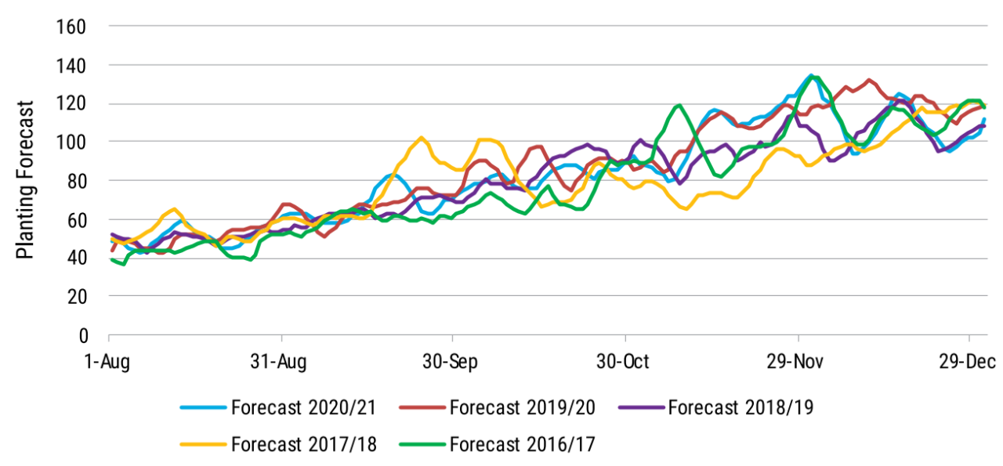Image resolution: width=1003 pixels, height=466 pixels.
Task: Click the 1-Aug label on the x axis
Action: coord(108,361)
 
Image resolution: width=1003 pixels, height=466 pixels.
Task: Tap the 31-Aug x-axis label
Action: coord(281,361)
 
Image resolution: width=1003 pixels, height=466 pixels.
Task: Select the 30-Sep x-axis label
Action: coord(453,361)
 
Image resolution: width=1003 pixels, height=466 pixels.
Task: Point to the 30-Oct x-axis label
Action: coord(625,361)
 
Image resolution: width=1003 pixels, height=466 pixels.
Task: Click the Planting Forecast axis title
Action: coord(25,179)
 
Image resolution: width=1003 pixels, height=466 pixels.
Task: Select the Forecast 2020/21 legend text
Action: coord(304,408)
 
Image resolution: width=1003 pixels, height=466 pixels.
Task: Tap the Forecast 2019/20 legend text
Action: coord(523,408)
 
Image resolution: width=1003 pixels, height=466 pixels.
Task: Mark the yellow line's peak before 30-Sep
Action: coord(421,138)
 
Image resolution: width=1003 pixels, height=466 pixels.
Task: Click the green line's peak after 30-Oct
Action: coord(679,105)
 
